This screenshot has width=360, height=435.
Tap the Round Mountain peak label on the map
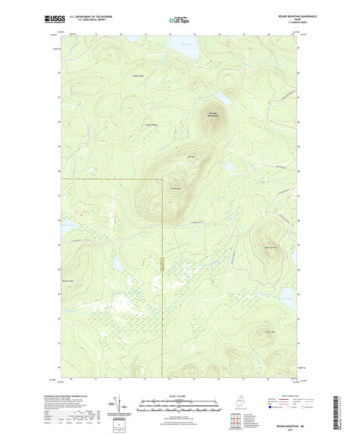click(x=213, y=114)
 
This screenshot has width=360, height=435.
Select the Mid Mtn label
click(x=191, y=157)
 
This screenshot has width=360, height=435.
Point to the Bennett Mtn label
click(x=68, y=280)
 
